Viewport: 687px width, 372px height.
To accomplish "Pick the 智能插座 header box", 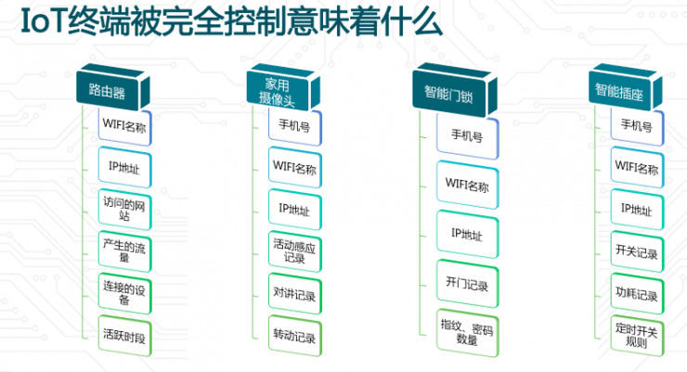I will point(620,91).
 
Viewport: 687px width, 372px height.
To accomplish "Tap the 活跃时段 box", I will point(124,333).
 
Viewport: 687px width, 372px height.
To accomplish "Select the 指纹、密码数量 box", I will point(466,332).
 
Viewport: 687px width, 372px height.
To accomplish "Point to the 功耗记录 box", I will point(637,296).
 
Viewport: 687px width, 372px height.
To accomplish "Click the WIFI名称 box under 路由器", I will point(124,126).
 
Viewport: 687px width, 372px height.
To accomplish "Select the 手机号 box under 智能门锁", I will point(466,135).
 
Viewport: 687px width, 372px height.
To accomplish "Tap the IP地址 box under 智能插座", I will point(637,210).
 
